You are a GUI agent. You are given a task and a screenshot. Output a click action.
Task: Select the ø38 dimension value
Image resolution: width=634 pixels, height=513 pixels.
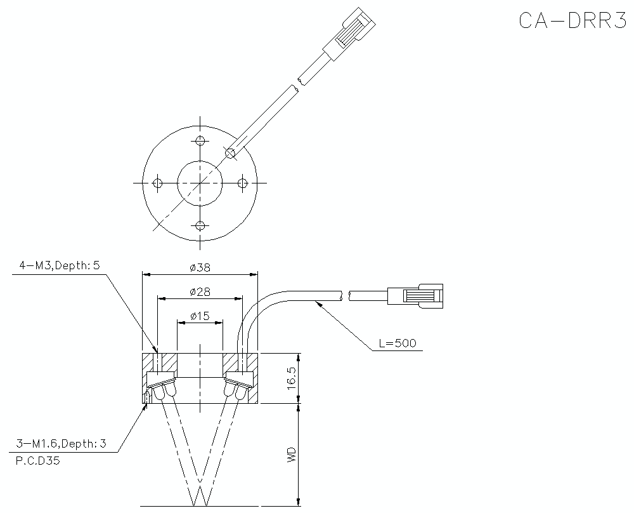click(x=200, y=267)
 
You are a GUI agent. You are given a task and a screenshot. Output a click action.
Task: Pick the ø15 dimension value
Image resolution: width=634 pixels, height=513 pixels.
click(x=200, y=316)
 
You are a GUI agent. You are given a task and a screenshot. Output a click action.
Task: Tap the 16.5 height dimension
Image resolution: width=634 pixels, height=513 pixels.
click(x=291, y=378)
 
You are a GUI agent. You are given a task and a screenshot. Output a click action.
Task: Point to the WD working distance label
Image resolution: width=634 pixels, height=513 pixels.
click(x=291, y=454)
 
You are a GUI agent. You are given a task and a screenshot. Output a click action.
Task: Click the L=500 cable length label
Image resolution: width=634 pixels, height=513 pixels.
click(x=397, y=343)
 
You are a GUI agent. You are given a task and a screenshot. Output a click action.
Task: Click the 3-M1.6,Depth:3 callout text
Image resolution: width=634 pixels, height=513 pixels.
click(x=61, y=444)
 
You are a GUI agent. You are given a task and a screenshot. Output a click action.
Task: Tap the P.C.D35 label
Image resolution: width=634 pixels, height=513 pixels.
click(x=37, y=462)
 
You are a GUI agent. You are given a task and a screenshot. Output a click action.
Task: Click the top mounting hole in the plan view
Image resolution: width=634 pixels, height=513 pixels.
click(x=200, y=140)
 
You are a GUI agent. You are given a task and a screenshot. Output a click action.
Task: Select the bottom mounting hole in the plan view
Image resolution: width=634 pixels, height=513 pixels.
click(x=200, y=225)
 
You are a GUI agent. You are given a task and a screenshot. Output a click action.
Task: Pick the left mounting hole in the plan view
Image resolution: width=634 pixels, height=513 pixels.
click(x=158, y=183)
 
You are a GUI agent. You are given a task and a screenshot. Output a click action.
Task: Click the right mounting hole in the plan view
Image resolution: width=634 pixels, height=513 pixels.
click(x=242, y=183)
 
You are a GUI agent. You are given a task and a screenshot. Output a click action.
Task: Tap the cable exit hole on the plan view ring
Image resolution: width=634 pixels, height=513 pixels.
click(x=231, y=152)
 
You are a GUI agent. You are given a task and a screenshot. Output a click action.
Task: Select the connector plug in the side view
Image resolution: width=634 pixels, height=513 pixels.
click(x=415, y=296)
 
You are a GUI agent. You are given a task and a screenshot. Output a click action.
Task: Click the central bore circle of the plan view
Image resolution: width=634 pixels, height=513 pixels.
click(x=200, y=183)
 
